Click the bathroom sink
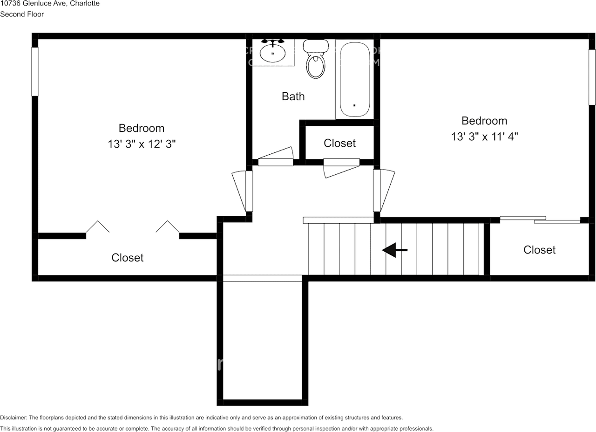click(272, 53)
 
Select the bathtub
click(354, 79)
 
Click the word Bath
click(293, 96)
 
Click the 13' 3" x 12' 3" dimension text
click(142, 144)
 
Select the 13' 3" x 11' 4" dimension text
click(484, 137)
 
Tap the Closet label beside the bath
click(339, 143)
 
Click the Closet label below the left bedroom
click(128, 257)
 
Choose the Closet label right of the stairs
click(539, 250)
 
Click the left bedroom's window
click(34, 71)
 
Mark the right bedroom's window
click(592, 77)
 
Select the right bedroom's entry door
click(382, 190)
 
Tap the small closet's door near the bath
click(341, 167)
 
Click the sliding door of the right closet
click(540, 220)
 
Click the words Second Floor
click(22, 14)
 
